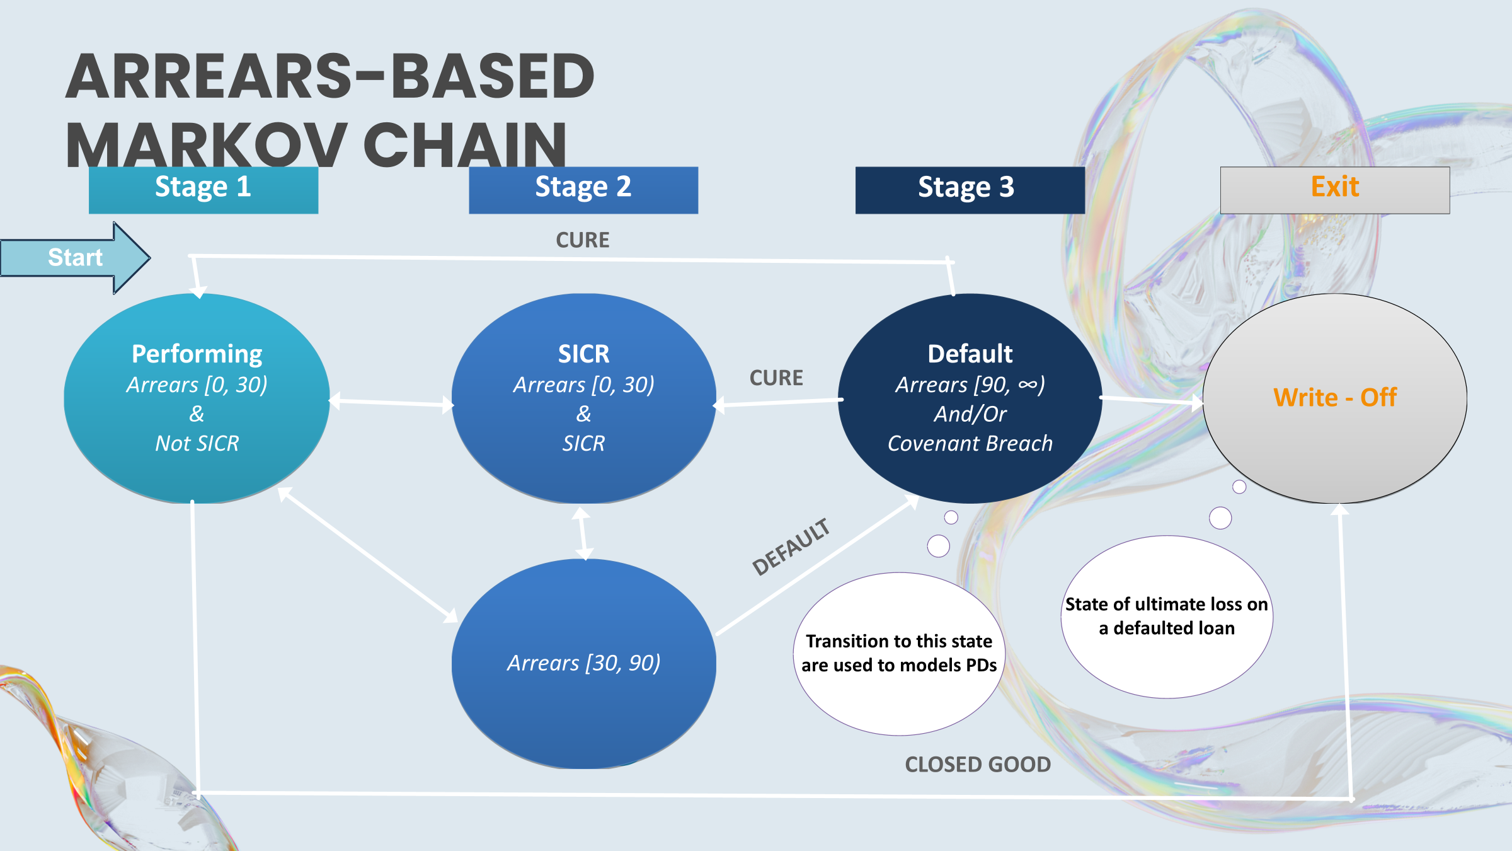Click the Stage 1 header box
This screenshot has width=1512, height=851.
pyautogui.click(x=203, y=189)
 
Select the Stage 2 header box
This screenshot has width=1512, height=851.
pyautogui.click(x=583, y=189)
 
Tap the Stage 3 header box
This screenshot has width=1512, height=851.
pyautogui.click(x=969, y=189)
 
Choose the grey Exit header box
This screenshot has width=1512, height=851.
pyautogui.click(x=1334, y=189)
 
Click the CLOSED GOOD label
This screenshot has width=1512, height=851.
pyautogui.click(x=978, y=765)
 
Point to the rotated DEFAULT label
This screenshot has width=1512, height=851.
pyautogui.click(x=791, y=547)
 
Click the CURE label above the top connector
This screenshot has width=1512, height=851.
pyautogui.click(x=582, y=240)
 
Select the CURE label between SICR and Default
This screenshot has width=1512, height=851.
pyautogui.click(x=776, y=378)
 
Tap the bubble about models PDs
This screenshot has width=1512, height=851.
pyautogui.click(x=899, y=654)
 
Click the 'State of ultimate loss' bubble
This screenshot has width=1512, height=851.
pyautogui.click(x=1166, y=617)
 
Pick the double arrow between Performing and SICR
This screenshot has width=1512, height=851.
pyautogui.click(x=391, y=402)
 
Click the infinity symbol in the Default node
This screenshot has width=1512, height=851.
pyautogui.click(x=1027, y=385)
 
